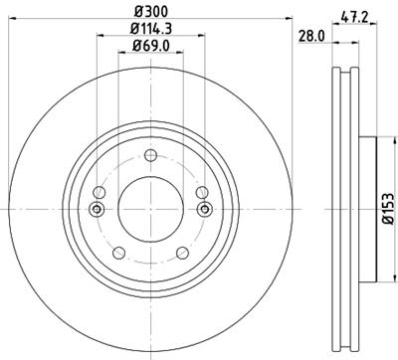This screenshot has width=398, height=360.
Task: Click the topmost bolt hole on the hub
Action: click(x=150, y=154)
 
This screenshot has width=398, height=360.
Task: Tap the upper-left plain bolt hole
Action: click(x=101, y=192)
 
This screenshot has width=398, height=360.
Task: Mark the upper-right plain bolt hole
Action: click(x=199, y=192)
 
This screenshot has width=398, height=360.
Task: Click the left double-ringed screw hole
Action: click(x=97, y=209)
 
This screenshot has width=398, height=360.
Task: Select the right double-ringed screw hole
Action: click(x=204, y=209)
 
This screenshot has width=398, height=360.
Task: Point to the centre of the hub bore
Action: click(x=150, y=209)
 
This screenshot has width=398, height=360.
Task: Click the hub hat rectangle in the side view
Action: click(x=367, y=209)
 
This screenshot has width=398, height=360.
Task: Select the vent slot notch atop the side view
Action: click(x=346, y=71)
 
